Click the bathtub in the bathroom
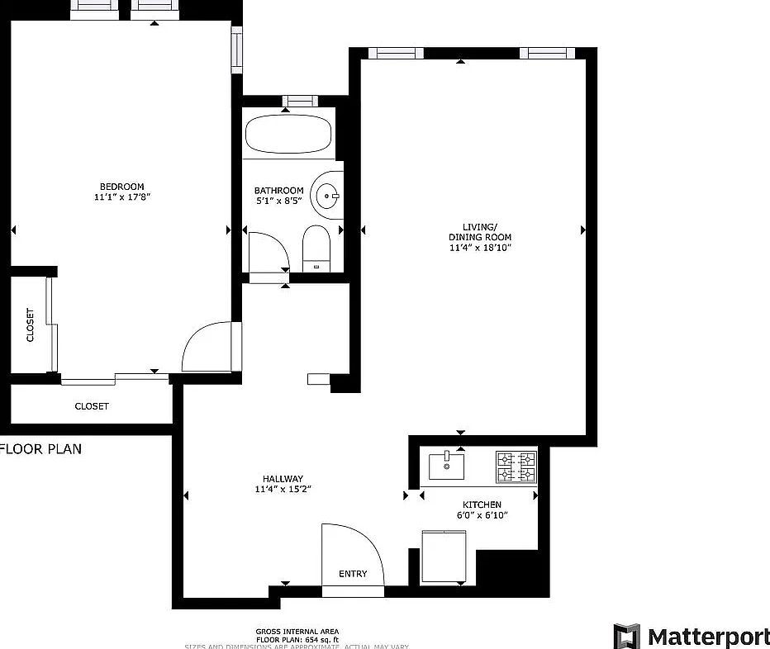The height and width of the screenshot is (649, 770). [x=289, y=134]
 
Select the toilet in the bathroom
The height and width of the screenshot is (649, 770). [x=316, y=246]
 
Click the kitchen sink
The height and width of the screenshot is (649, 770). [x=446, y=466]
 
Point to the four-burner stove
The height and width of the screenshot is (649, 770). [x=516, y=467]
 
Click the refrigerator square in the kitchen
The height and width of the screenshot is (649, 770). [x=446, y=556]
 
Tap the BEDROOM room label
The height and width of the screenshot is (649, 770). [x=121, y=187]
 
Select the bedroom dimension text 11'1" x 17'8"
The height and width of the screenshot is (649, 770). [x=121, y=197]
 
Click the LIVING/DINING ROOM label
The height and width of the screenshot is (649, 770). [x=480, y=232]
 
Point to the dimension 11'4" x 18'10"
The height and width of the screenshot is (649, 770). [x=480, y=248]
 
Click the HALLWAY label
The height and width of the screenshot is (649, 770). [x=283, y=479]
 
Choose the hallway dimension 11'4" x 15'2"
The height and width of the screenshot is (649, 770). [x=283, y=490]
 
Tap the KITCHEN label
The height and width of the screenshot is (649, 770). [x=482, y=505]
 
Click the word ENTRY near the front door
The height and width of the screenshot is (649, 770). [x=353, y=574]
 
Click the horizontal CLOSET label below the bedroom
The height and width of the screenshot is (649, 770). [x=92, y=406]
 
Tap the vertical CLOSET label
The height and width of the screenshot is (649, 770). [x=31, y=324]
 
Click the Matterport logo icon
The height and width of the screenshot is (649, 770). [x=626, y=637]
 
